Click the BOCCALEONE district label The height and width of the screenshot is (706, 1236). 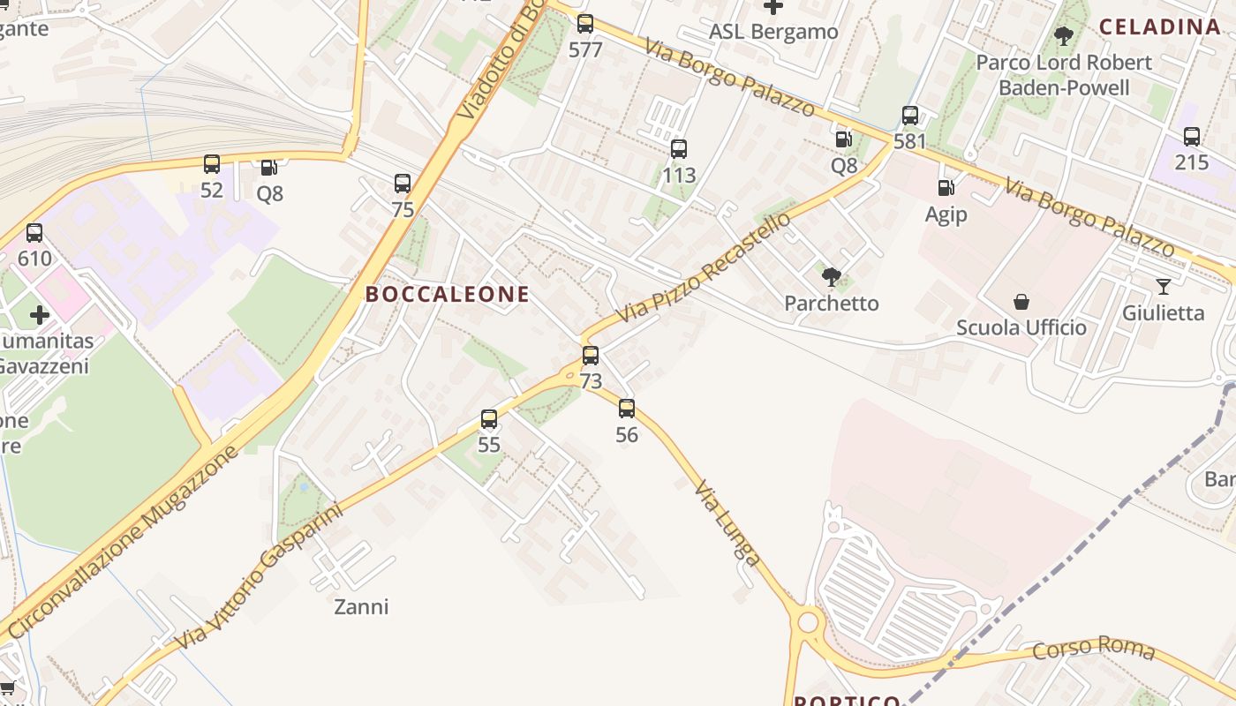pyautogui.click(x=448, y=295)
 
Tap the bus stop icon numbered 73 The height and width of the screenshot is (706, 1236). pyautogui.click(x=591, y=356)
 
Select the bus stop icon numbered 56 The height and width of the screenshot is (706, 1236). pyautogui.click(x=627, y=409)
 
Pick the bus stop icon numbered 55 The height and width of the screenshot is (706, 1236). pyautogui.click(x=489, y=419)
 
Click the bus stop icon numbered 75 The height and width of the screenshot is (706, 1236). pyautogui.click(x=403, y=184)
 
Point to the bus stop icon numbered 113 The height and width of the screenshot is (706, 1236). pyautogui.click(x=679, y=149)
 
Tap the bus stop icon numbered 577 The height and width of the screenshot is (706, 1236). pyautogui.click(x=585, y=24)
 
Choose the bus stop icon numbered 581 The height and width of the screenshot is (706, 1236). pyautogui.click(x=910, y=116)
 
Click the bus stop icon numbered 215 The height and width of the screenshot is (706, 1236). pyautogui.click(x=1192, y=137)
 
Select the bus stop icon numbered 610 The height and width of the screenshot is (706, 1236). pyautogui.click(x=34, y=233)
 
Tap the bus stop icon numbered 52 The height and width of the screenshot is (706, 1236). pyautogui.click(x=212, y=164)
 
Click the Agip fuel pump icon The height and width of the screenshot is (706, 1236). pyautogui.click(x=946, y=188)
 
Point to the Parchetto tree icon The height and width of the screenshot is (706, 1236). pyautogui.click(x=831, y=277)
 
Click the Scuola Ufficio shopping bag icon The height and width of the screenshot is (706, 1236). pyautogui.click(x=1021, y=302)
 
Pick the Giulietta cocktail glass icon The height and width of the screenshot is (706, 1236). pyautogui.click(x=1164, y=287)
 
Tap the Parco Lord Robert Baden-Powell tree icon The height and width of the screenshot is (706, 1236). pyautogui.click(x=1064, y=36)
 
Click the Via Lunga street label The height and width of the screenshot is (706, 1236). pyautogui.click(x=727, y=522)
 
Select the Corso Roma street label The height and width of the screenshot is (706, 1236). pyautogui.click(x=1094, y=649)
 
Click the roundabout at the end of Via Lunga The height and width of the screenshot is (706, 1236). pyautogui.click(x=808, y=622)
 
